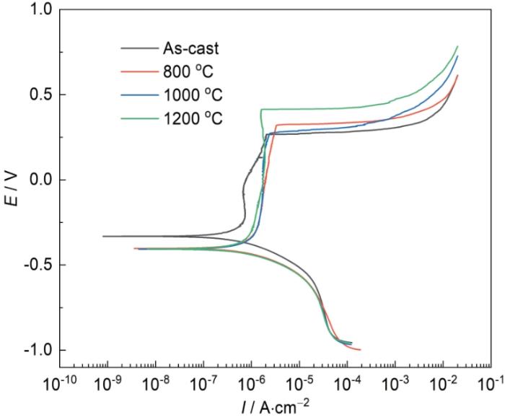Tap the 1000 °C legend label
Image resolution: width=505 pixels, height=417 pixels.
[194, 95]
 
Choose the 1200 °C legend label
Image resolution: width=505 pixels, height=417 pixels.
[194, 118]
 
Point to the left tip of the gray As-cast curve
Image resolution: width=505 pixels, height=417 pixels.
[103, 236]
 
